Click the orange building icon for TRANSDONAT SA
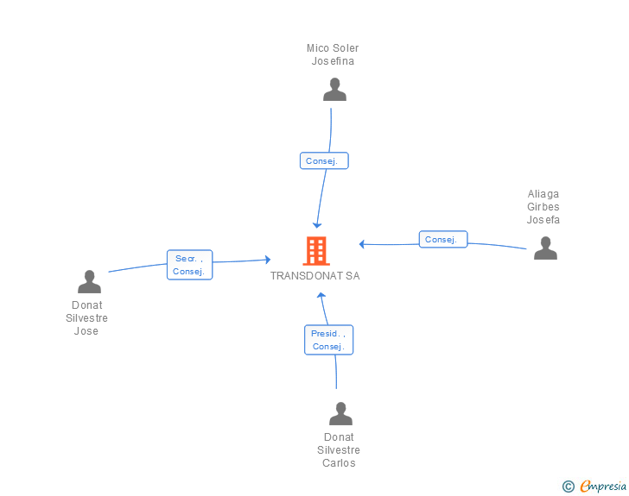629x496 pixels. click(316, 251)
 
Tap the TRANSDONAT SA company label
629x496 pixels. click(314, 276)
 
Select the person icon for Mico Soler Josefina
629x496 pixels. click(334, 90)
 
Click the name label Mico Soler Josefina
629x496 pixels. click(333, 54)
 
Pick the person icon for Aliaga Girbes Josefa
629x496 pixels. click(545, 248)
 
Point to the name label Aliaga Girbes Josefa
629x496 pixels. click(543, 207)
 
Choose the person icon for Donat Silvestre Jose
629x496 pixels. click(89, 282)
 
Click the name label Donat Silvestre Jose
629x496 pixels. click(86, 317)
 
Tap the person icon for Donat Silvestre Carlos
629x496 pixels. click(340, 414)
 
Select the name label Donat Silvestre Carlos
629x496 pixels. click(339, 449)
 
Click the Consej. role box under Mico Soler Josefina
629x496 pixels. click(325, 160)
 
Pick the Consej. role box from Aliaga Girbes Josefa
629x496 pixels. click(443, 239)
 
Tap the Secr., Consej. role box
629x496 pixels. click(189, 265)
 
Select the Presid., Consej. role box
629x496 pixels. click(328, 340)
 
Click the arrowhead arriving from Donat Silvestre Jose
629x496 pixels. click(268, 259)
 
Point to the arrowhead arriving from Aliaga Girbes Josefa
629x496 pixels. click(363, 244)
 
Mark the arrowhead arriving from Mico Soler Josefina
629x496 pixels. click(317, 224)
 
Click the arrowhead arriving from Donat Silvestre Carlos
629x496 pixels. click(321, 295)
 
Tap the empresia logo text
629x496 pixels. click(603, 487)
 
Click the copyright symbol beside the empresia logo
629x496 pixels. click(569, 487)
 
